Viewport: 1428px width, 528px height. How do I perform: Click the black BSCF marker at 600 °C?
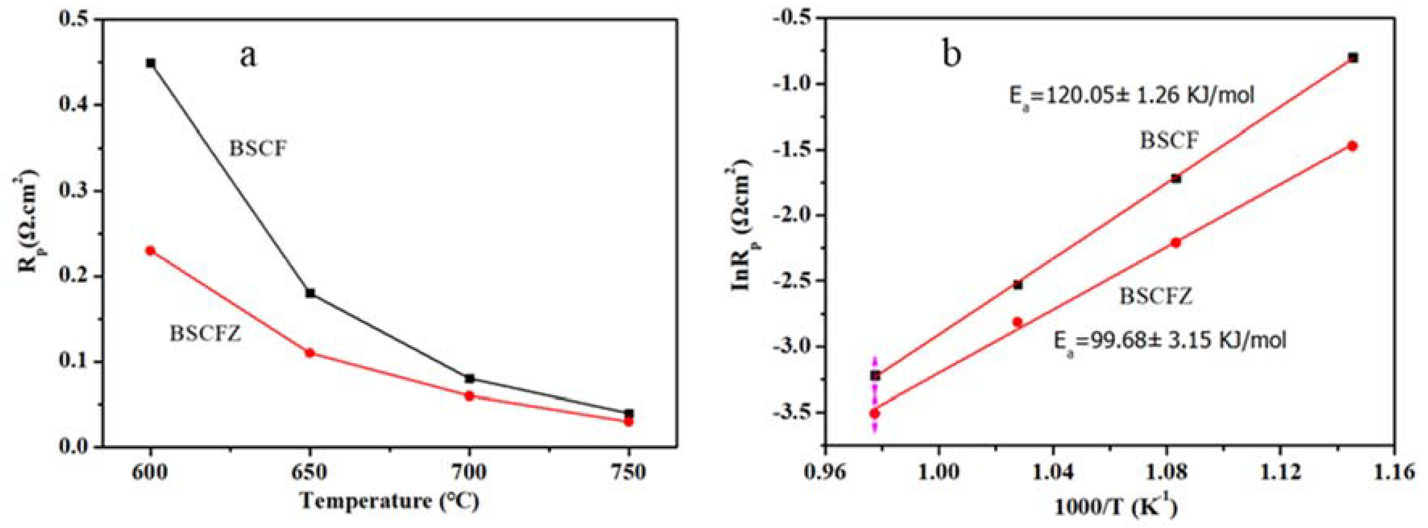tap(151, 63)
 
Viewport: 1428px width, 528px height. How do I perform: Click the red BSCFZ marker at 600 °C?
tap(150, 250)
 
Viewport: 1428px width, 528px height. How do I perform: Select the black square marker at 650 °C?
tap(310, 293)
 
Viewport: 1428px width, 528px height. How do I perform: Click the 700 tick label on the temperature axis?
tap(470, 472)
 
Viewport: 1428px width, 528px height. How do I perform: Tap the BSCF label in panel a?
tap(258, 149)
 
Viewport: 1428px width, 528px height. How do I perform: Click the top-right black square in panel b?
tap(1353, 73)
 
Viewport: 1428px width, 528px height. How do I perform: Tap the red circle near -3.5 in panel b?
tap(875, 413)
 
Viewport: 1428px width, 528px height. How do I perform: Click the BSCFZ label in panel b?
tap(1156, 296)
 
